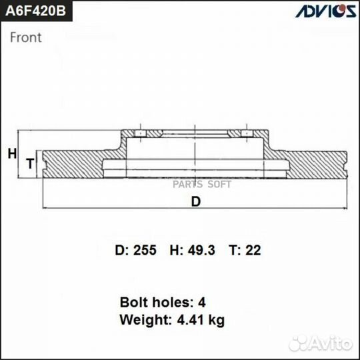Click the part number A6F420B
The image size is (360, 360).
(x=36, y=13)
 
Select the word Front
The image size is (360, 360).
(x=25, y=37)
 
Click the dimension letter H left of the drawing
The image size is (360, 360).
(x=11, y=154)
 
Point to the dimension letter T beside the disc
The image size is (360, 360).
(x=29, y=163)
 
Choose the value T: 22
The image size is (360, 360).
(x=245, y=251)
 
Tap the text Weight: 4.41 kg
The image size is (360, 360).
(x=172, y=319)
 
